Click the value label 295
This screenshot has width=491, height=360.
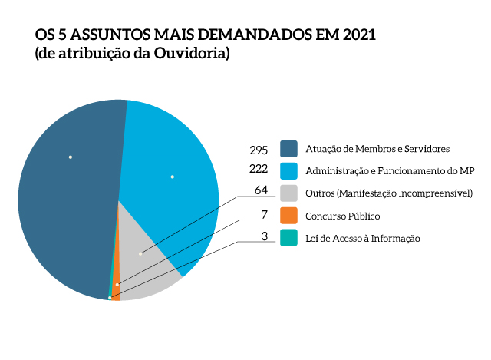pos(259,149)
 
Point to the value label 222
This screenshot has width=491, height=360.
pos(259,169)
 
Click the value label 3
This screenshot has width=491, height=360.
pos(265,236)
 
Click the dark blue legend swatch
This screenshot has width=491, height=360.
pos(288,148)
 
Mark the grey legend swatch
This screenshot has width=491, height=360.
pos(288,193)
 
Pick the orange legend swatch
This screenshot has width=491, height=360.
pos(288,216)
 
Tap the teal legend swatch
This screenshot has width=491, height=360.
pos(288,238)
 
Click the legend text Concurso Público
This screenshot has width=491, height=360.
pos(342,216)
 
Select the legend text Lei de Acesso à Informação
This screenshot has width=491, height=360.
pos(363,238)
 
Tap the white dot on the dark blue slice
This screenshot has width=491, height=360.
pos(70,157)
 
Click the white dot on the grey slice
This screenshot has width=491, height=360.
pos(140,254)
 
